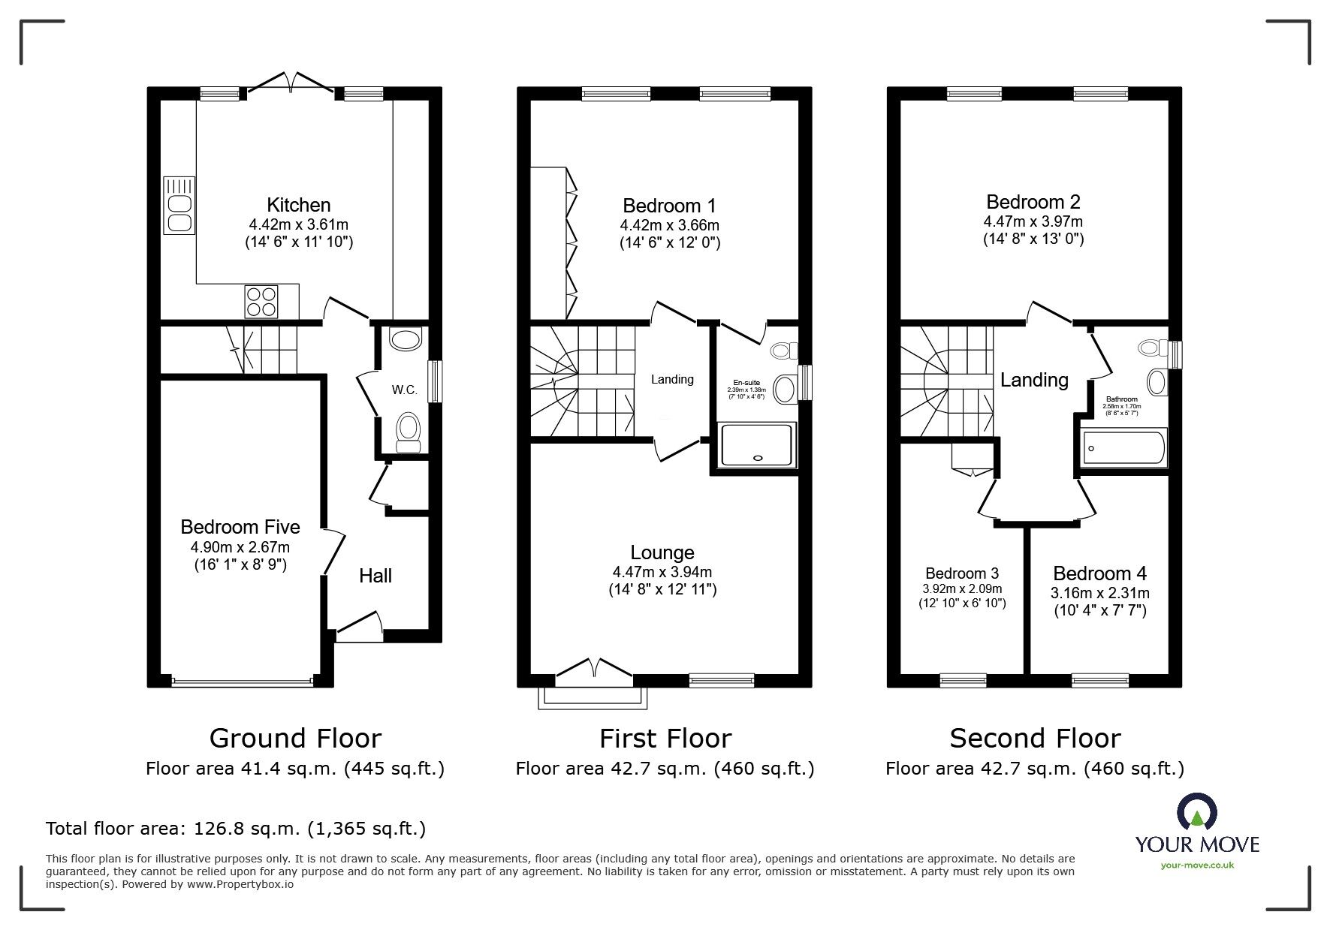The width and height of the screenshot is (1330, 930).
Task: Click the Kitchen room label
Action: [298, 205]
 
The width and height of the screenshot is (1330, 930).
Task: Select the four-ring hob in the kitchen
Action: [261, 302]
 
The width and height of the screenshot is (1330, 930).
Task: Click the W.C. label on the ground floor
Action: [404, 390]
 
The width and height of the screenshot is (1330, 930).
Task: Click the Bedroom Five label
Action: [240, 527]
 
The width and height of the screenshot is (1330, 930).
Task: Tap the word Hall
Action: [375, 576]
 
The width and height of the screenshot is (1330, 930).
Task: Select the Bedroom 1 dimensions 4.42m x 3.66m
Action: [669, 225]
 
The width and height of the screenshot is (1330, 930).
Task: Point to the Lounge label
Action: [662, 552]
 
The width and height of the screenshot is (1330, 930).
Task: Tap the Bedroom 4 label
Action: [1099, 573]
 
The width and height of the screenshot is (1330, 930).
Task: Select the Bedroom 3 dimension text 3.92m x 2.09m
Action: [962, 589]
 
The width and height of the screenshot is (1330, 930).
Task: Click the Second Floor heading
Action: [1035, 739]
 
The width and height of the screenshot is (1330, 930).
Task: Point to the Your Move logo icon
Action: [1197, 814]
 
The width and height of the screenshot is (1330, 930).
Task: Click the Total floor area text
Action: [236, 829]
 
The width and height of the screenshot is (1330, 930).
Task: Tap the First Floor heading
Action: [665, 739]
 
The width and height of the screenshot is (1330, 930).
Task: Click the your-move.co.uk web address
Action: [1197, 865]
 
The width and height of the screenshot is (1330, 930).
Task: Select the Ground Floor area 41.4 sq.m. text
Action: [295, 769]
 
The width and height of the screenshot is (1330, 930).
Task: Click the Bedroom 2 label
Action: [1033, 202]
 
